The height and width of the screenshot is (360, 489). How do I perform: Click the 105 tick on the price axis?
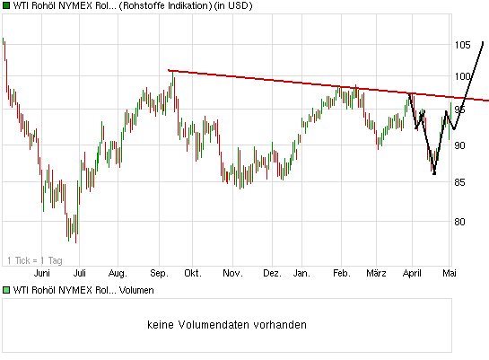click(x=462, y=45)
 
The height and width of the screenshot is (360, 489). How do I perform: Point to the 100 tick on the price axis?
click(x=462, y=77)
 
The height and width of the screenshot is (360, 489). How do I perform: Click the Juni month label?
click(x=41, y=272)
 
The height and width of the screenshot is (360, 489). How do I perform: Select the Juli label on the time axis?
click(x=80, y=272)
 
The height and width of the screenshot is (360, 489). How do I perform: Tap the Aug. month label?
click(x=118, y=272)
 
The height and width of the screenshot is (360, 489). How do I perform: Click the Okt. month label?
click(x=193, y=272)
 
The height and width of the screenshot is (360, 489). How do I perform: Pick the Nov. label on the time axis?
click(x=231, y=272)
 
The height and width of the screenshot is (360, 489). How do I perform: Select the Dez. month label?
click(x=272, y=272)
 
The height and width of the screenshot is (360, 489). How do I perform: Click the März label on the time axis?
click(x=375, y=272)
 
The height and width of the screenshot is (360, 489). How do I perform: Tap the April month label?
click(x=413, y=272)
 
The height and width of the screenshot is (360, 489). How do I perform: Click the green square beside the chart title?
click(x=5, y=6)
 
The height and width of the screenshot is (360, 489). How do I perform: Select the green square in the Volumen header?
click(x=5, y=290)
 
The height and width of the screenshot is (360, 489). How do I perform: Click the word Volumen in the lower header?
click(x=135, y=290)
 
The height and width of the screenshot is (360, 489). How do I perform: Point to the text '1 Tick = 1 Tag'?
click(x=35, y=260)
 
